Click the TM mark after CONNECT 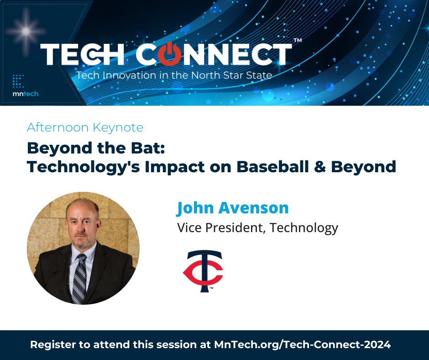(x=297, y=41)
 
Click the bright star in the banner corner (x=26, y=31)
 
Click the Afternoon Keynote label (x=85, y=127)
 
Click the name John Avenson (x=233, y=208)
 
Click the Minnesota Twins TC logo (x=203, y=271)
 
